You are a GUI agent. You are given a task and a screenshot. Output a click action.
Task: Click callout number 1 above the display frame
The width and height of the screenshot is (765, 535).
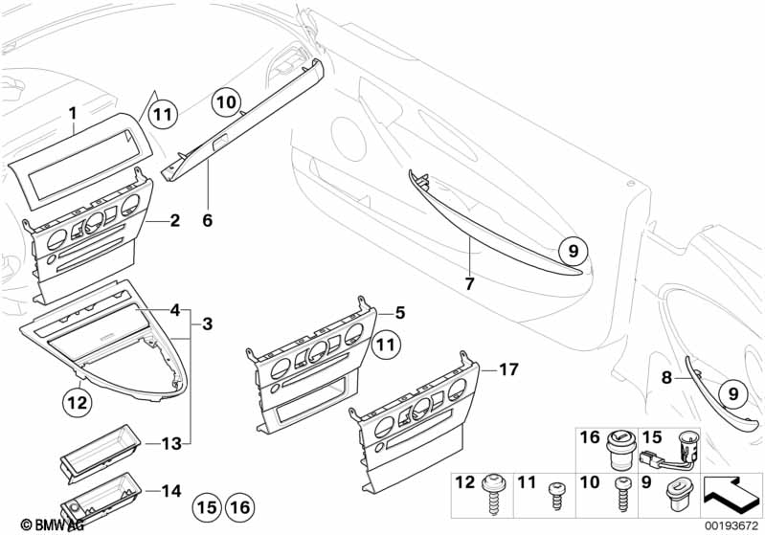72,113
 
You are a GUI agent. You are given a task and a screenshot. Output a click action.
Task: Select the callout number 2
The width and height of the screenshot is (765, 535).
174,221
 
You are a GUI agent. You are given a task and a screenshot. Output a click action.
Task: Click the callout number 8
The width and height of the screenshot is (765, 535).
667,377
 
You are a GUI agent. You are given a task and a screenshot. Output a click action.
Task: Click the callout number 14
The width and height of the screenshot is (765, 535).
170,492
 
